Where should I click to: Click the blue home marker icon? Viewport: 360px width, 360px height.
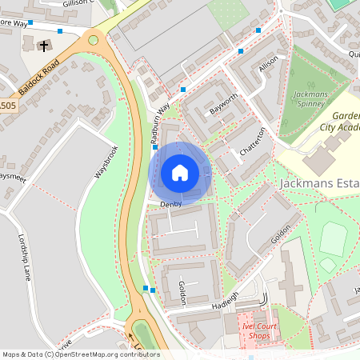[x=180, y=173]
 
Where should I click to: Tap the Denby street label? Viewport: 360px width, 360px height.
[x=171, y=204]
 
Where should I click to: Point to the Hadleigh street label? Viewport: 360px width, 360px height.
[x=226, y=302]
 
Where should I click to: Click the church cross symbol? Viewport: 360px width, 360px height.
[x=42, y=46]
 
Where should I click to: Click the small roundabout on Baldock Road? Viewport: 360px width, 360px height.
[x=94, y=39]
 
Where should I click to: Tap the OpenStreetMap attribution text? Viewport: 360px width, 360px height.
[x=81, y=354]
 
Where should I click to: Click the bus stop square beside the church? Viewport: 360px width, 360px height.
[x=60, y=31]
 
